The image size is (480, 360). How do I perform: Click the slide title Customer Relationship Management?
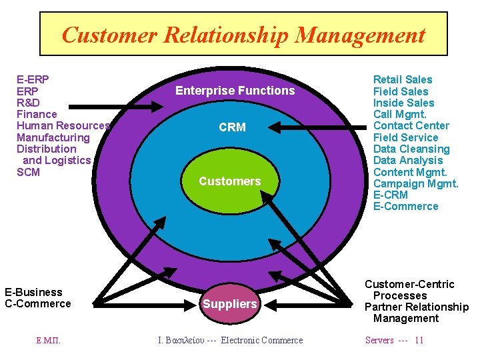[x=243, y=34]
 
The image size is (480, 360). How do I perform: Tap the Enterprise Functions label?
[x=235, y=91]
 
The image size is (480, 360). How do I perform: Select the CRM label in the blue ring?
[x=232, y=127]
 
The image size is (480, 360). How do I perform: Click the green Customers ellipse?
[x=230, y=181]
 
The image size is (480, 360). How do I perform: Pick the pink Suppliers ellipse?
[x=230, y=304]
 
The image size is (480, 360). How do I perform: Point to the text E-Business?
[x=33, y=292]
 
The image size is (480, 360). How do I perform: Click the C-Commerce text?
[x=38, y=304]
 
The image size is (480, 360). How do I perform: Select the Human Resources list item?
[x=63, y=126]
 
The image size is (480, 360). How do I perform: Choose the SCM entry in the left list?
[x=28, y=172]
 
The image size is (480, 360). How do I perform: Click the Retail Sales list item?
[x=403, y=80]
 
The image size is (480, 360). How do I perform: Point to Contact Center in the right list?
[x=411, y=126]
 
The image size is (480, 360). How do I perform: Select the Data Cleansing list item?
[x=411, y=149]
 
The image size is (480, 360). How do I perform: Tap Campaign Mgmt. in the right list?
[x=415, y=183]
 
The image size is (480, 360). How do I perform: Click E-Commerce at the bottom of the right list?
[x=405, y=207]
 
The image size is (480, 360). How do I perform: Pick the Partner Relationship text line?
[x=417, y=307]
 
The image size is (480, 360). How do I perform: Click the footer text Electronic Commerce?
[x=261, y=341]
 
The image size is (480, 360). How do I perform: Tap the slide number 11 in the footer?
[x=419, y=341]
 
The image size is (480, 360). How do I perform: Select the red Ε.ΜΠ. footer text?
[x=49, y=341]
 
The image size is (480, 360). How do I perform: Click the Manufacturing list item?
[x=53, y=137]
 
